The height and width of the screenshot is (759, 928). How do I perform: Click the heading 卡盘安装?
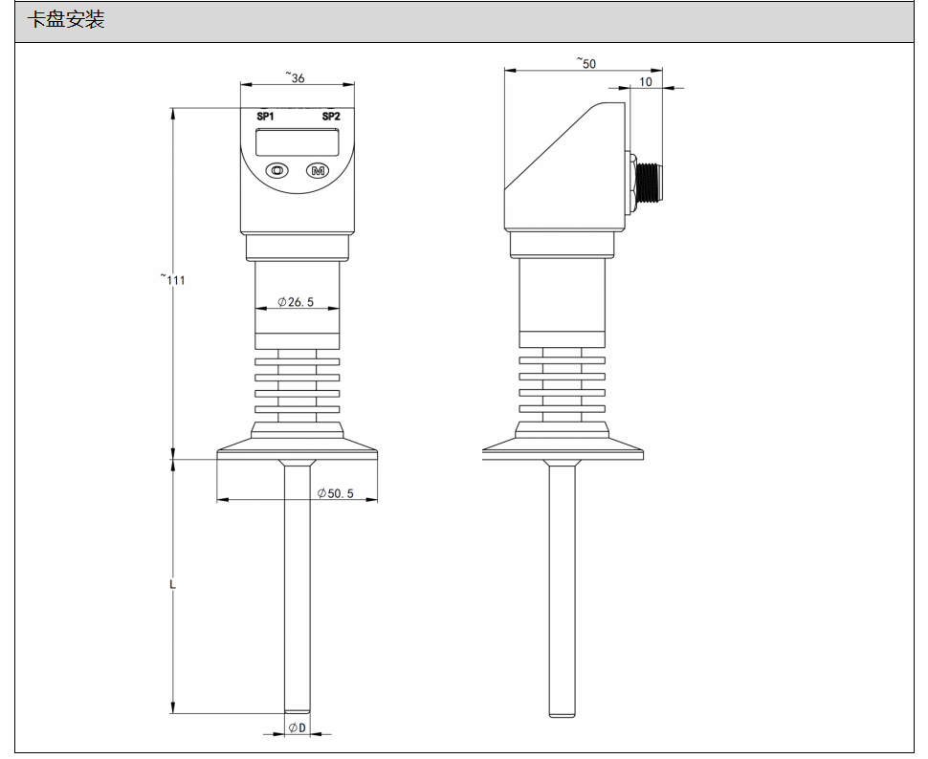pos(66,20)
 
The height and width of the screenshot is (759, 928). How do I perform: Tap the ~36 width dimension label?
pos(296,76)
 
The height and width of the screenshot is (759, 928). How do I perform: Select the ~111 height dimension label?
pos(172,278)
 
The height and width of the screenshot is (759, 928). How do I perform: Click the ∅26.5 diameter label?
pos(296,302)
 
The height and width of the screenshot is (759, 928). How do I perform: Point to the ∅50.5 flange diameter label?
pos(336,493)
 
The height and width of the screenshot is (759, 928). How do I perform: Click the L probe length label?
pos(173,584)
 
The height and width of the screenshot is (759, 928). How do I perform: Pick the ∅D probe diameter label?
pos(298,727)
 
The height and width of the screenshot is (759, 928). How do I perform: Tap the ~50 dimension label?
pos(586,63)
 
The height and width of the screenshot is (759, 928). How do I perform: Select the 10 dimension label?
pos(646,81)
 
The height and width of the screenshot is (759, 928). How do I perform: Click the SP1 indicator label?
pos(265,117)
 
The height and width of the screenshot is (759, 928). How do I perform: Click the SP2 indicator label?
pos(331,117)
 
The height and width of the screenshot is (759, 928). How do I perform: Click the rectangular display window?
pos(298,142)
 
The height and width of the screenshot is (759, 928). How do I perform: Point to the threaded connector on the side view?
pos(650,184)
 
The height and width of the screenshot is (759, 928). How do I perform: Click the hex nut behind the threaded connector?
pos(632,184)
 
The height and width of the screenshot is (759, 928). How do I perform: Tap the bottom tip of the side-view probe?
pos(562,716)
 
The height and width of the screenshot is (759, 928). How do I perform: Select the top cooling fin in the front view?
pos(298,361)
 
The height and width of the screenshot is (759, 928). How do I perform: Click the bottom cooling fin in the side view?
pos(563,409)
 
